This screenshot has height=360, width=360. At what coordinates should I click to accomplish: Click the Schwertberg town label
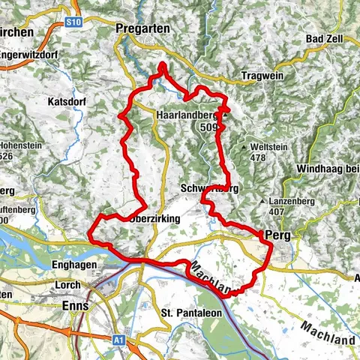click(x=209, y=189)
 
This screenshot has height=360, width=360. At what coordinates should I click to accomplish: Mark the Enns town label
click(x=76, y=306)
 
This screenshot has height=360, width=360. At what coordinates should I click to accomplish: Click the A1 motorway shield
click(x=118, y=340)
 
